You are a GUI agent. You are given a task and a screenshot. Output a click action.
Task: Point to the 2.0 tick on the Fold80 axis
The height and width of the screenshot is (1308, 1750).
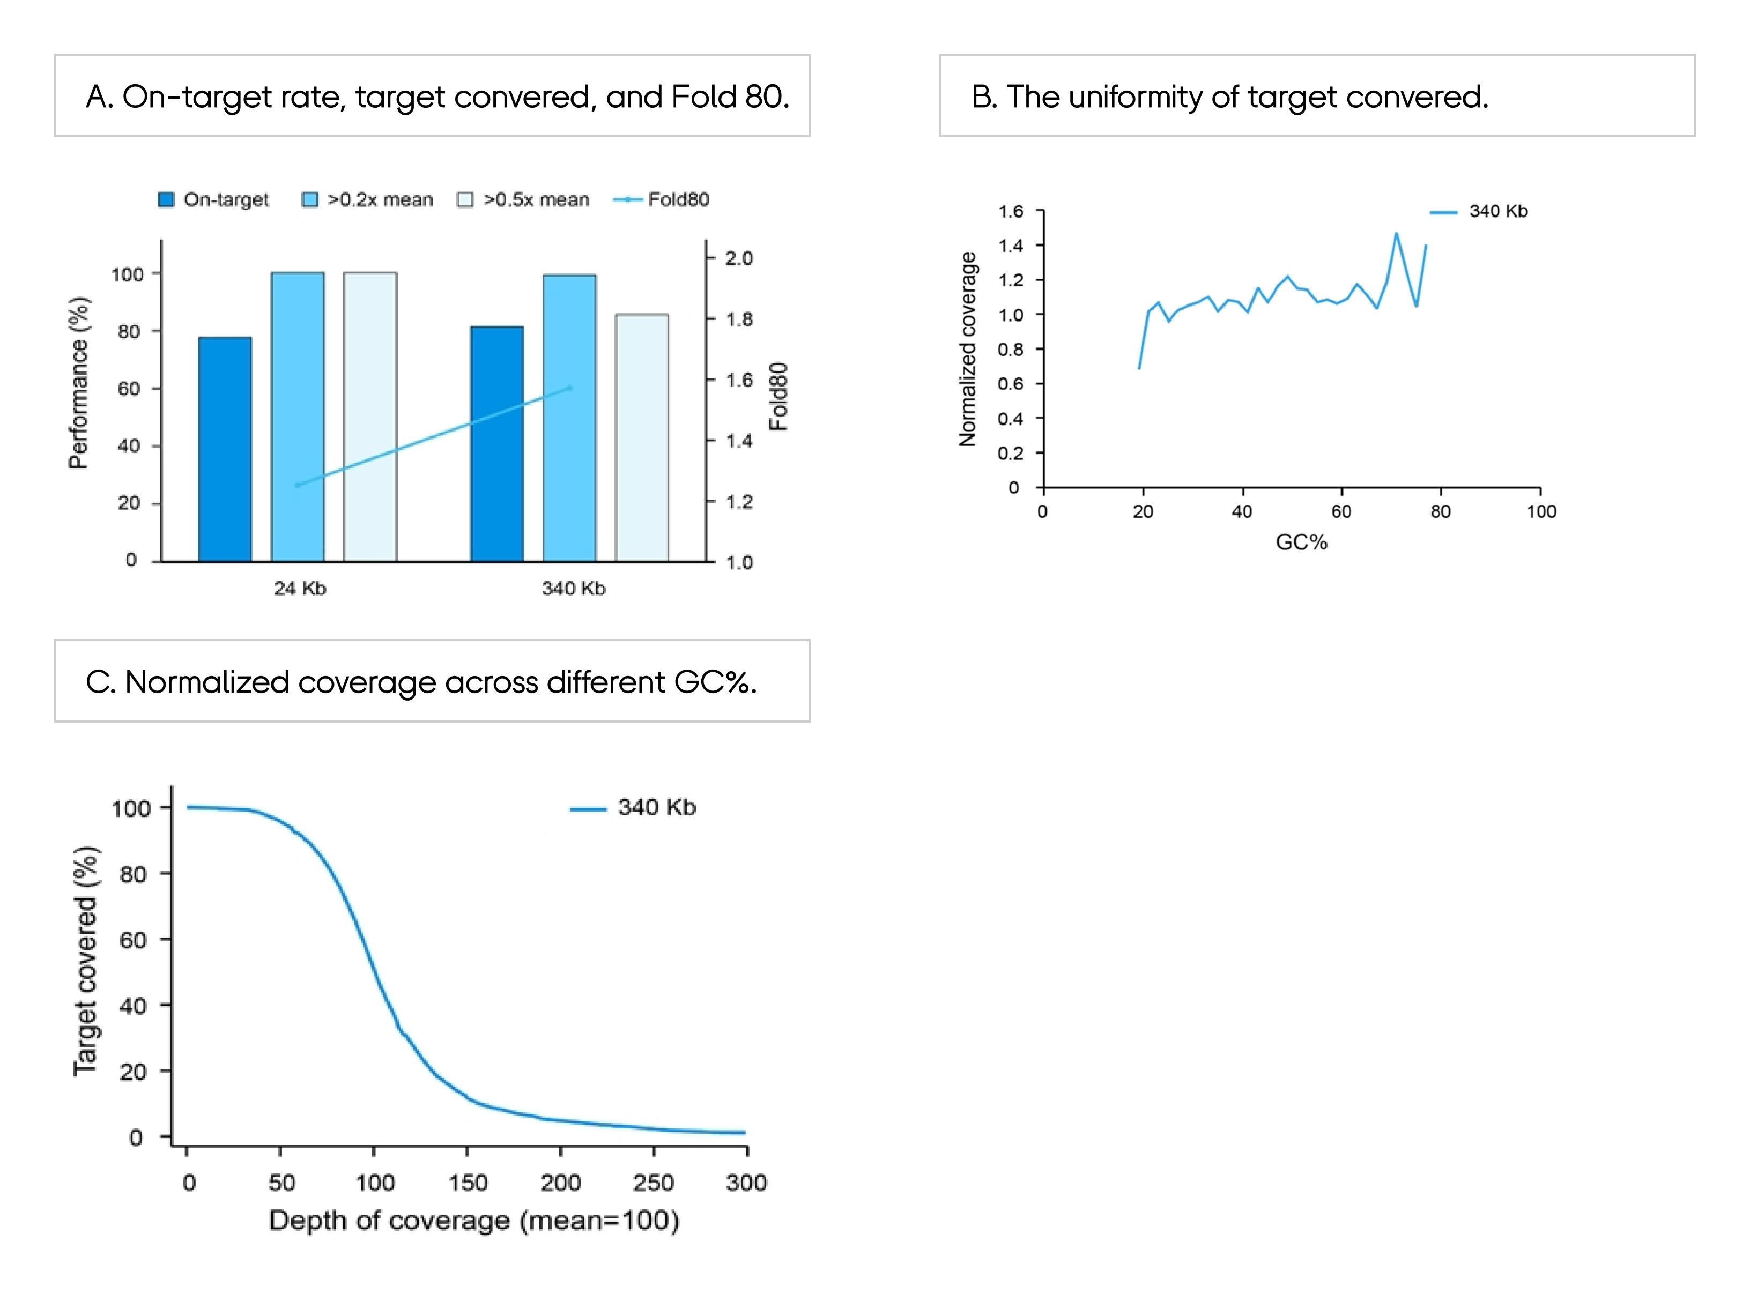tap(738, 258)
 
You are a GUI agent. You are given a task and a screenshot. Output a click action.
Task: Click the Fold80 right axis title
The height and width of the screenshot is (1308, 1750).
tap(778, 396)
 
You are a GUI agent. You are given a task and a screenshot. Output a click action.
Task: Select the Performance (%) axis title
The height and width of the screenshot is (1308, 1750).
tap(79, 383)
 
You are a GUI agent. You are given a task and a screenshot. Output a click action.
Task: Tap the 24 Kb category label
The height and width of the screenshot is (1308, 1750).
tap(300, 589)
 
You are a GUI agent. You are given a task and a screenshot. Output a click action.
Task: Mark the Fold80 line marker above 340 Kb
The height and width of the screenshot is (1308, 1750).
tap(569, 388)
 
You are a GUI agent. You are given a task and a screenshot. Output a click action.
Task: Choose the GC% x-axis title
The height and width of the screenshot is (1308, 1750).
tap(1301, 542)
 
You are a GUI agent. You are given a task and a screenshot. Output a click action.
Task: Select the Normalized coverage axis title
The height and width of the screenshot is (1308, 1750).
tap(968, 349)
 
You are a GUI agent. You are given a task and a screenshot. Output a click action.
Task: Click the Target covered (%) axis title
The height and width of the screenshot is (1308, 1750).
tap(85, 961)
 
